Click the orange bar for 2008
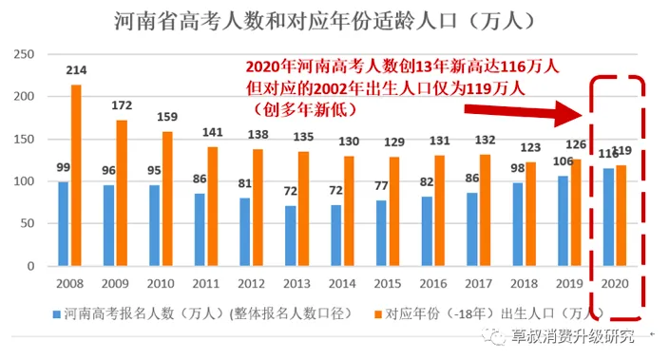point(76,176)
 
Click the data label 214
point(76,71)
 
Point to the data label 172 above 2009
point(122,106)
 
